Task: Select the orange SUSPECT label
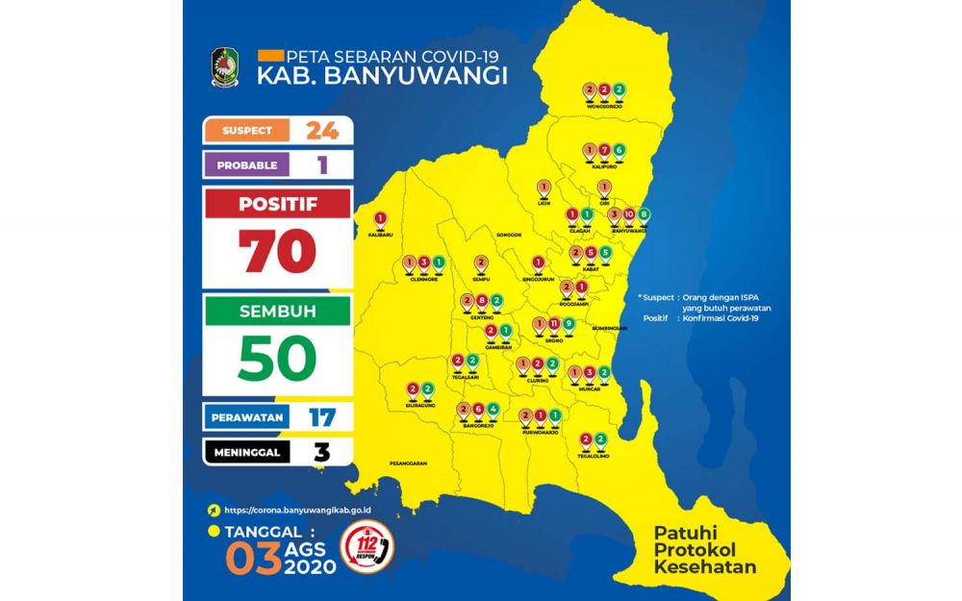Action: click(247, 130)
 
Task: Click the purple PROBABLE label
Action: click(247, 164)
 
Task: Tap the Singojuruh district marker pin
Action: click(539, 263)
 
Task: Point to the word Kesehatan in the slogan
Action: click(705, 566)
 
